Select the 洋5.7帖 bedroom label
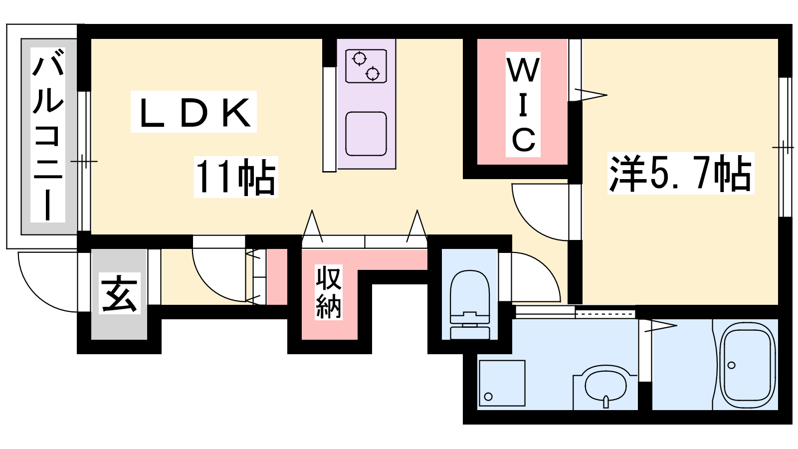[680, 174]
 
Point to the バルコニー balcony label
[48, 135]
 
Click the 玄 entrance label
[119, 294]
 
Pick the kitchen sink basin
[366, 134]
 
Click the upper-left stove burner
[359, 59]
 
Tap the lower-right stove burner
[373, 74]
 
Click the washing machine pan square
[502, 383]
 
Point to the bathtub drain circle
[732, 365]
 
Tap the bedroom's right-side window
[785, 147]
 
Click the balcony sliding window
[84, 161]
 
